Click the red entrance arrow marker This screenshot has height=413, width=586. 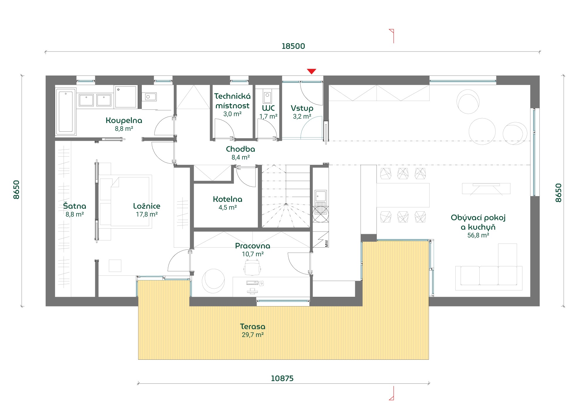(311, 71)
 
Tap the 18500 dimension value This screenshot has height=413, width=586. (293, 46)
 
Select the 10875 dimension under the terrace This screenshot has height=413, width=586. (282, 378)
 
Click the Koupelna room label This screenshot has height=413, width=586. (124, 120)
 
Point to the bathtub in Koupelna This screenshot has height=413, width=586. (66, 112)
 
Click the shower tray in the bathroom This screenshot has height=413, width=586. (126, 97)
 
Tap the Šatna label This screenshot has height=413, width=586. (75, 206)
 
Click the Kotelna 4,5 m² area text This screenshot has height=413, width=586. (227, 208)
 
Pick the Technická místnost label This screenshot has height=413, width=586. (232, 101)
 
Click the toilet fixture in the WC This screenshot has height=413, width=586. (267, 96)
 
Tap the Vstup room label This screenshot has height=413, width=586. (302, 108)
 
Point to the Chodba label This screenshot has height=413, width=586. (240, 149)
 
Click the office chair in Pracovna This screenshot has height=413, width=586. (252, 268)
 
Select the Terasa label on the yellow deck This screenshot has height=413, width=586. (253, 326)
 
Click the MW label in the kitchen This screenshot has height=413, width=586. (326, 243)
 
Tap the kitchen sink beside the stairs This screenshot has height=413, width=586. (321, 196)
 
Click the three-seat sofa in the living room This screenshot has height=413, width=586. (489, 275)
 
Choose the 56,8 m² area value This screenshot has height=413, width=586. (478, 235)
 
